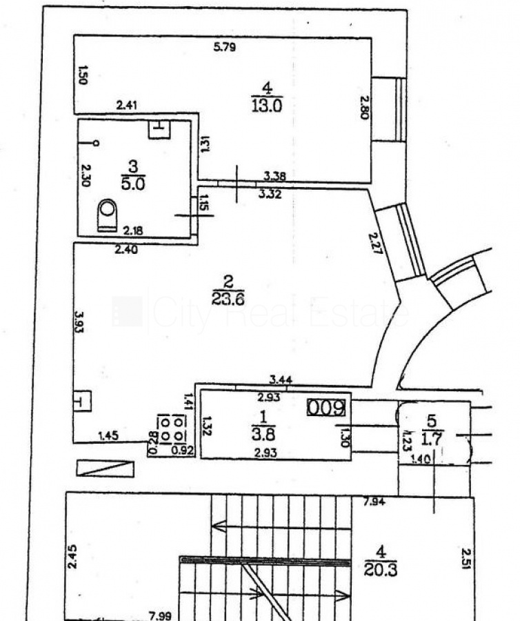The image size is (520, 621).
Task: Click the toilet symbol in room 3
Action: coord(107,215)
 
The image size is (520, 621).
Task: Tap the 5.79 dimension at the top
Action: coord(226,48)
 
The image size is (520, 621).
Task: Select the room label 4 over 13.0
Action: coord(268,97)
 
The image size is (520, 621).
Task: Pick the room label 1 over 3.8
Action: coord(263,426)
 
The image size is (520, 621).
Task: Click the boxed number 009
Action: coord(326,408)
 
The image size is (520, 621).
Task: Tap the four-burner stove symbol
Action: coord(171,428)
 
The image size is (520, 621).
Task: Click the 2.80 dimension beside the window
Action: coord(365,106)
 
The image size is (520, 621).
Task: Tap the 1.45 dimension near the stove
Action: coord(109,435)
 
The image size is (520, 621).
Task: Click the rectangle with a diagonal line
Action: coord(104,469)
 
